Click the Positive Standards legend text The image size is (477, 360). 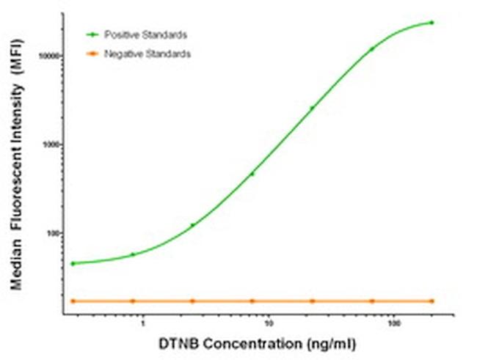[x=145, y=35]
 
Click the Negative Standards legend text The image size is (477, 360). [x=147, y=54]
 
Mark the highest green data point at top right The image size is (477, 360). [x=432, y=23]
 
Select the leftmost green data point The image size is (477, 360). [x=73, y=262]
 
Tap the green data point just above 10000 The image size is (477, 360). [x=372, y=49]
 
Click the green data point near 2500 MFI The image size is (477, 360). [x=312, y=108]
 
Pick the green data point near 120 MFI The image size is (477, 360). [x=192, y=225]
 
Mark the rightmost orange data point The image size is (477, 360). [x=432, y=301]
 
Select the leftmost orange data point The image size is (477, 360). [x=73, y=301]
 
